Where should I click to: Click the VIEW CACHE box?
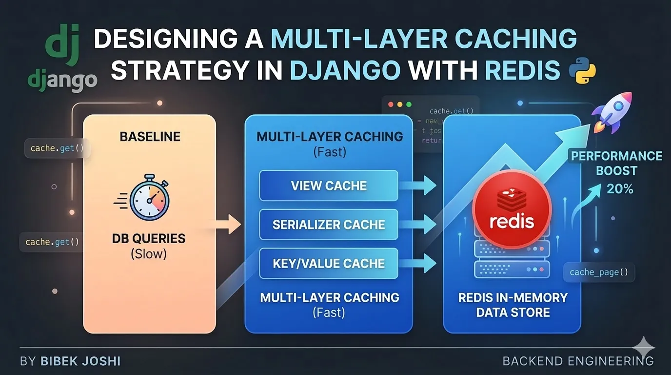(x=329, y=186)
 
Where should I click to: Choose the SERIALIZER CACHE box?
(x=329, y=225)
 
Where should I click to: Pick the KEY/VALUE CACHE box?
(x=329, y=264)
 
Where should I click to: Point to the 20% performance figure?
(x=620, y=188)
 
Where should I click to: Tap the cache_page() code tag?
(x=599, y=272)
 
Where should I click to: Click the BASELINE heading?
(x=150, y=136)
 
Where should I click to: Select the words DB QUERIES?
(x=149, y=239)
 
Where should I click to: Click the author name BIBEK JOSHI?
(x=80, y=361)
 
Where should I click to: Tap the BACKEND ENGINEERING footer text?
(x=578, y=361)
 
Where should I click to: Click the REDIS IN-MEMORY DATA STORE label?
(x=513, y=305)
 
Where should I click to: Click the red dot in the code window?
(x=390, y=104)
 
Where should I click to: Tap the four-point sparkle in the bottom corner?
(x=643, y=348)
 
